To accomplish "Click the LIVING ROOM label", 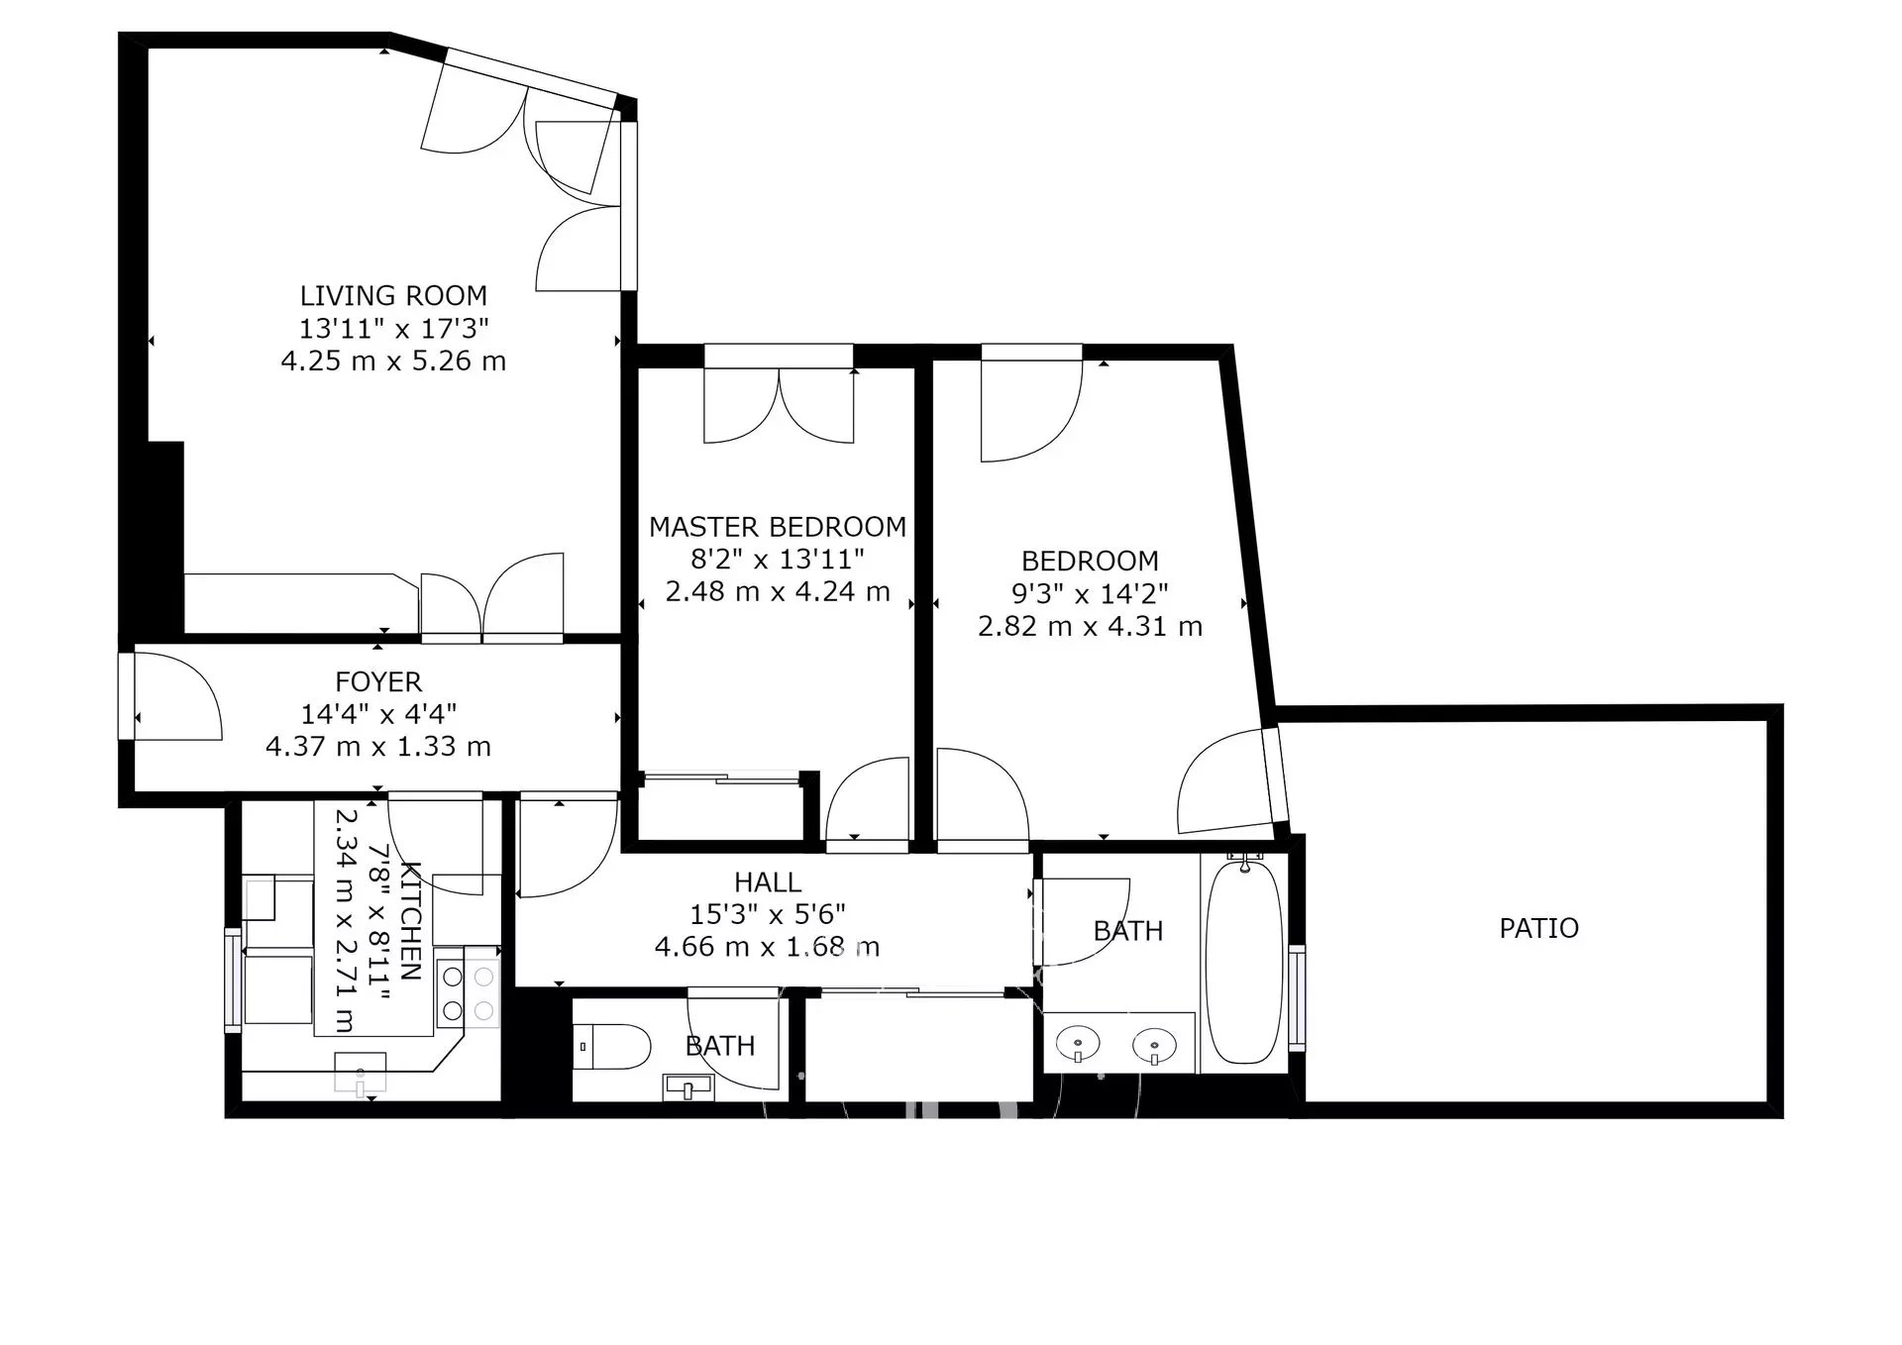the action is click(x=393, y=295).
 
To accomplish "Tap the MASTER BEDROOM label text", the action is click(x=778, y=527).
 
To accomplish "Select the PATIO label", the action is click(x=1538, y=928).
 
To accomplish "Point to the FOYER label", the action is click(x=378, y=681).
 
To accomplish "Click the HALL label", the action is click(x=768, y=881).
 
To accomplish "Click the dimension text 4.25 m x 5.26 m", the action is click(x=393, y=361).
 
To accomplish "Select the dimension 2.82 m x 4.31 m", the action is click(x=1090, y=626).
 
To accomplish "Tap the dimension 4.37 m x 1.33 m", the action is click(x=378, y=746).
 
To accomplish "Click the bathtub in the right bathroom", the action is click(x=1244, y=962).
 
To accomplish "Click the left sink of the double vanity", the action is click(x=1077, y=1043).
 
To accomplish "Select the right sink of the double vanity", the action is click(x=1154, y=1043).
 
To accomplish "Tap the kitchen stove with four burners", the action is click(x=468, y=992).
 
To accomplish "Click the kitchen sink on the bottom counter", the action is click(x=360, y=1072).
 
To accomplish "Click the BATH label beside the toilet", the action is click(x=720, y=1046).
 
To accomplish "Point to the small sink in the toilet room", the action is click(x=687, y=1087).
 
